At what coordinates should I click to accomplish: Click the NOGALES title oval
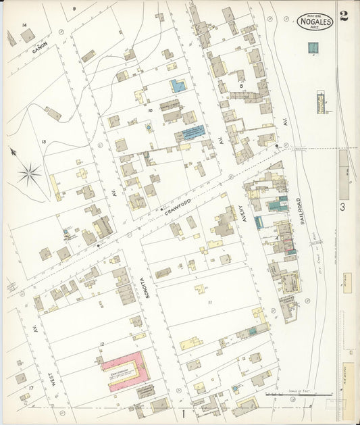(x=314, y=22)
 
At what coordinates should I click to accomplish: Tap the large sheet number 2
(x=344, y=17)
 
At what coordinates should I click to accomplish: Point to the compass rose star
(x=29, y=175)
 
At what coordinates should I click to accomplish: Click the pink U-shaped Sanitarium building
(x=126, y=368)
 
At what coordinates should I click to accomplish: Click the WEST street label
(x=51, y=382)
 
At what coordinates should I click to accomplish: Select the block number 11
(x=210, y=302)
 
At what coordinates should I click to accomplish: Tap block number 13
(x=43, y=141)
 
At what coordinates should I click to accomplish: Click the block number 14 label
(x=24, y=25)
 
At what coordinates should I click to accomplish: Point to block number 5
(x=241, y=86)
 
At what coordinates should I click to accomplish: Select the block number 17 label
(x=31, y=388)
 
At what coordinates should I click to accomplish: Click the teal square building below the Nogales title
(x=313, y=48)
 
